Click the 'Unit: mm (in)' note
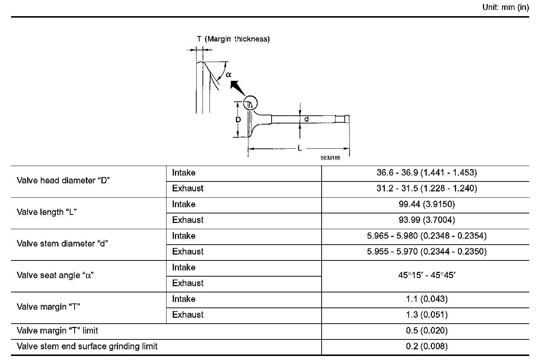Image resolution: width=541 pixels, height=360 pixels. click(505, 8)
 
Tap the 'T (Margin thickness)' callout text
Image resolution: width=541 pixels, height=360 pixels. click(233, 39)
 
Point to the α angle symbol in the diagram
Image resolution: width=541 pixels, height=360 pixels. click(229, 75)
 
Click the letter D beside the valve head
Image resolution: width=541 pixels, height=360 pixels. click(238, 120)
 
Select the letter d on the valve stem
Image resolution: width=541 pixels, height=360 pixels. click(306, 119)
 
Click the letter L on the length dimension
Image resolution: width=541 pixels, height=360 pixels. click(300, 148)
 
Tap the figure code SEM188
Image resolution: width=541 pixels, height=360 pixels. click(330, 158)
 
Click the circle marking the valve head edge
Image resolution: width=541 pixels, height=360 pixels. click(250, 103)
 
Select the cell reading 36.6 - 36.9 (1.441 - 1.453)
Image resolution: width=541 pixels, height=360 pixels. click(427, 173)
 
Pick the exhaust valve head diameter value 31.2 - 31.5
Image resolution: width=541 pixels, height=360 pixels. click(427, 188)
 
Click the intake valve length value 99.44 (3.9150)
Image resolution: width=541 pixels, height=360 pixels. click(427, 204)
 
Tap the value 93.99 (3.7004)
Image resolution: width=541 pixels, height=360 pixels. click(427, 220)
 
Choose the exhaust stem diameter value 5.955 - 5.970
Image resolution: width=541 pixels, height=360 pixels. click(427, 252)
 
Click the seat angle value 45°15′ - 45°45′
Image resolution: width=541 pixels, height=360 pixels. click(427, 275)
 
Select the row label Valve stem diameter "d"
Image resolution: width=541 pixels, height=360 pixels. click(62, 244)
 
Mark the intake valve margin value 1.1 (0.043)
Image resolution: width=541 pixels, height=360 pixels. click(427, 299)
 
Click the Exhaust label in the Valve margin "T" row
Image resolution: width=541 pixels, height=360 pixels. click(188, 315)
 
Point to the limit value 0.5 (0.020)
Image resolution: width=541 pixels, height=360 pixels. click(427, 331)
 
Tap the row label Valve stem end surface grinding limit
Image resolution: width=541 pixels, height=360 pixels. click(87, 346)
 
